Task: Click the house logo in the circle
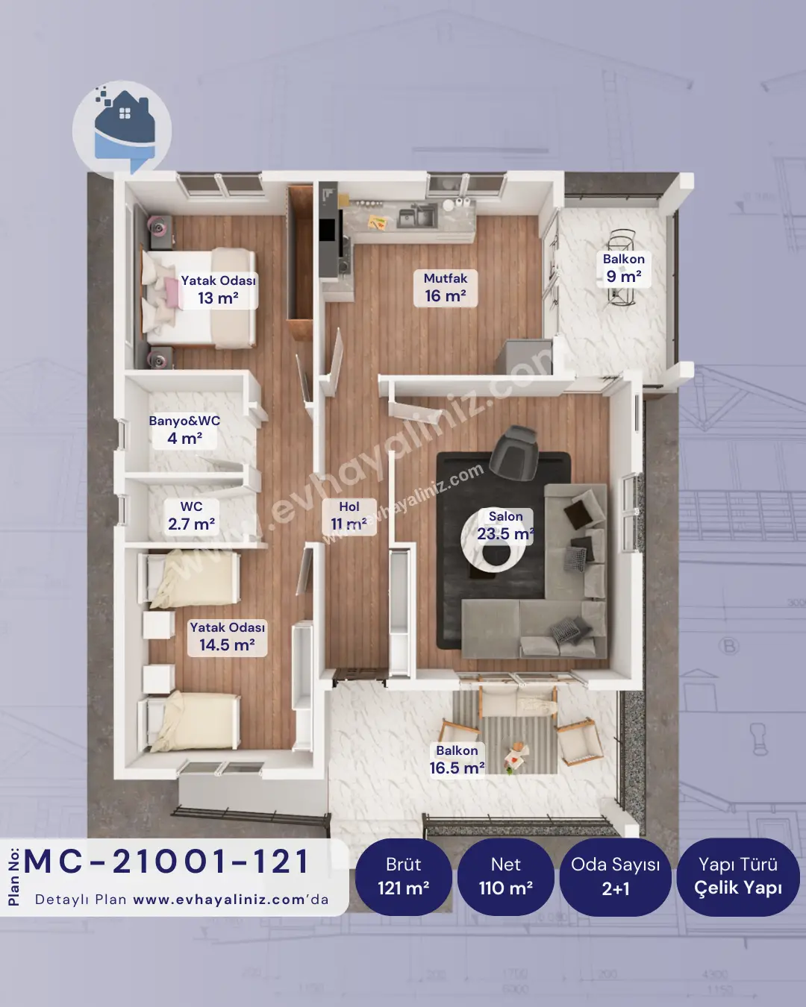coord(122,129)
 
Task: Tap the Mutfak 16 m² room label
coord(446,288)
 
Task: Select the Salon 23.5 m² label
coord(506,525)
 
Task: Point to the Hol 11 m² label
coord(349,516)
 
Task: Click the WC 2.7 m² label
coord(192,515)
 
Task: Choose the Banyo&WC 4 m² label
coord(184,430)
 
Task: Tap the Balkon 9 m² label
coord(623,268)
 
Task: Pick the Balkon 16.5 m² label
coord(457,760)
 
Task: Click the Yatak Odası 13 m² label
coord(219,290)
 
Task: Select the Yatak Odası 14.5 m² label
coord(227,637)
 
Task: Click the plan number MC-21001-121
coord(166,862)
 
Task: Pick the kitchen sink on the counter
coord(417,216)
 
